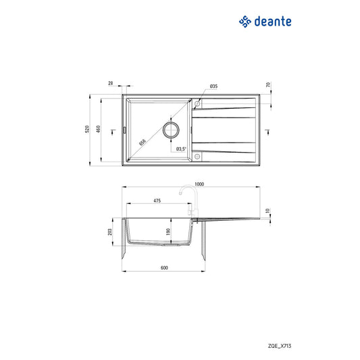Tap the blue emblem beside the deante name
(x=246, y=22)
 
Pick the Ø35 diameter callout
(x=213, y=86)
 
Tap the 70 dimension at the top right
(x=268, y=85)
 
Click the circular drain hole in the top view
(x=171, y=129)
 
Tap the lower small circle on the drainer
(x=198, y=157)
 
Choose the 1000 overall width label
(x=199, y=184)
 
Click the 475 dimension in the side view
(x=157, y=201)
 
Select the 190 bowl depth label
(x=168, y=232)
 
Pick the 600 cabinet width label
(x=164, y=267)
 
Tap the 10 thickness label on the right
(x=268, y=210)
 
